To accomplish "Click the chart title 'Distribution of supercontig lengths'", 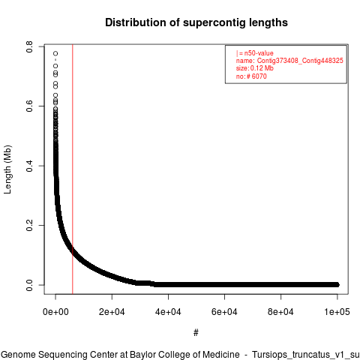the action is (x=196, y=22).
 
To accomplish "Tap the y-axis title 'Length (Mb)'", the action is (x=7, y=169).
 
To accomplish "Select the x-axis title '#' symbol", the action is (x=196, y=332).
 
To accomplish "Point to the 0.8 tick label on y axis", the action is (x=29, y=46).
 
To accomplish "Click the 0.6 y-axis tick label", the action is (x=29, y=106).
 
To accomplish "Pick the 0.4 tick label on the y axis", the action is (x=29, y=166).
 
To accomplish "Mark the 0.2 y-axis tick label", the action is (x=29, y=225).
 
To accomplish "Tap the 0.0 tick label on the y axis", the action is (x=29, y=285).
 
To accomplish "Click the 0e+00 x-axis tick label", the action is (x=55, y=312).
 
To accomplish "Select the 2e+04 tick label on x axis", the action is (x=112, y=312).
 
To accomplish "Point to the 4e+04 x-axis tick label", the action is (x=168, y=312).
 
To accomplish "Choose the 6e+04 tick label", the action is (x=224, y=312).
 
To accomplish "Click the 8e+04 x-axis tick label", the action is (x=280, y=312).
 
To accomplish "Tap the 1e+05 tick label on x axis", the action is (x=337, y=312).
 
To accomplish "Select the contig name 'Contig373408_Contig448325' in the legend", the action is (x=300, y=61).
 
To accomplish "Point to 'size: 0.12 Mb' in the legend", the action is (x=255, y=68).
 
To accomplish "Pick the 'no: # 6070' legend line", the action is (x=251, y=76).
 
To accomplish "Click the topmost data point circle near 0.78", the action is (x=55, y=53).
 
